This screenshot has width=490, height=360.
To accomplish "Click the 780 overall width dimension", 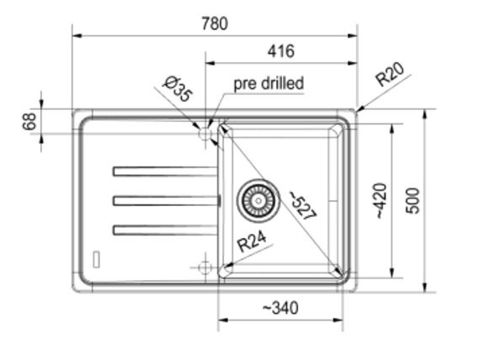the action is pyautogui.click(x=215, y=24).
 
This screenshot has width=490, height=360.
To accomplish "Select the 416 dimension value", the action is pyautogui.click(x=281, y=51).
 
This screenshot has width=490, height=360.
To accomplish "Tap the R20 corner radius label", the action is pyautogui.click(x=390, y=74).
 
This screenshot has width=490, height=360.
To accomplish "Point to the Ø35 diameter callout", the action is pyautogui.click(x=178, y=88).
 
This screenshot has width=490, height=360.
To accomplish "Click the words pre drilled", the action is pyautogui.click(x=269, y=83).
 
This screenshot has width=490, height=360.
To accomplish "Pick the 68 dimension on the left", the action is pyautogui.click(x=29, y=121).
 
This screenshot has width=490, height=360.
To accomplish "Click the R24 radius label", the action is pyautogui.click(x=252, y=241).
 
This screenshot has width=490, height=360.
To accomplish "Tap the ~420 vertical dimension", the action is pyautogui.click(x=381, y=201).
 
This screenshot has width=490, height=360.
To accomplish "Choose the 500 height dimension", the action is pyautogui.click(x=413, y=201).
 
